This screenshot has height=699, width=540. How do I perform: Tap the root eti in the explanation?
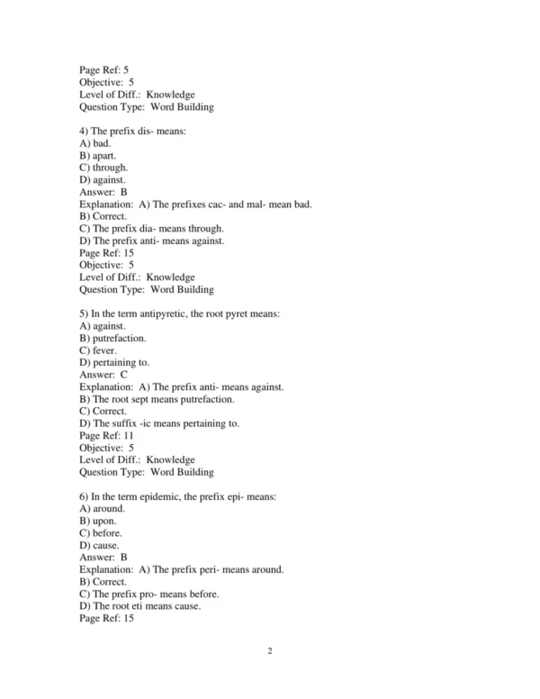pyautogui.click(x=138, y=606)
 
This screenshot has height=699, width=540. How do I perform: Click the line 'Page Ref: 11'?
pyautogui.click(x=106, y=435)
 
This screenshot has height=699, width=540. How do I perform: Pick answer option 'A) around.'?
pyautogui.click(x=102, y=508)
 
